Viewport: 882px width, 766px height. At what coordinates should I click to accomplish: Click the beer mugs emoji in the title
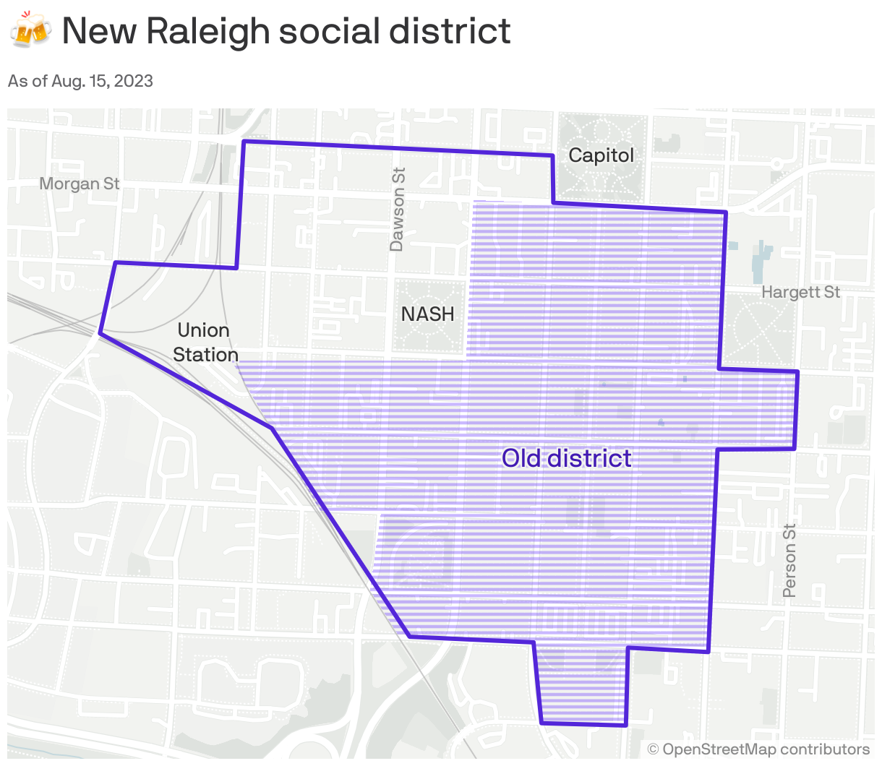30,30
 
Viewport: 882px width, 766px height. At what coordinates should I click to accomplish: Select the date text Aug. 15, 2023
102,80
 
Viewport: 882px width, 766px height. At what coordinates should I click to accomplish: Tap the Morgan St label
79,184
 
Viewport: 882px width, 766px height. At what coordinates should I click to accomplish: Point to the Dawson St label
398,210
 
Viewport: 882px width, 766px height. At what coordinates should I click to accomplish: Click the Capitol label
601,155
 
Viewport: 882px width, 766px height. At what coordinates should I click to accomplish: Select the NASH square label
428,314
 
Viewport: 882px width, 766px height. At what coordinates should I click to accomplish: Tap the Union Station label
205,343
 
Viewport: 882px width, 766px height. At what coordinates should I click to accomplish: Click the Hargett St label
800,292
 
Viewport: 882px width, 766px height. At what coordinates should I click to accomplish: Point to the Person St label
789,561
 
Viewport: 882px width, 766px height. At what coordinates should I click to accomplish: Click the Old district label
566,458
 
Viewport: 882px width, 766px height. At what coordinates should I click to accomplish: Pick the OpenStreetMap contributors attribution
758,749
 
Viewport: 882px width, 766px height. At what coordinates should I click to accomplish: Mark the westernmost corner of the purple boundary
100,333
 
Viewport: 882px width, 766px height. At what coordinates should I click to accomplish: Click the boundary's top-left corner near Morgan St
244,142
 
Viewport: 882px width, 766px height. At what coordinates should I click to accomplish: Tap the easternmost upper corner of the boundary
797,371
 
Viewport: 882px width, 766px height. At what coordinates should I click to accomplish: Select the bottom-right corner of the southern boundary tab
626,725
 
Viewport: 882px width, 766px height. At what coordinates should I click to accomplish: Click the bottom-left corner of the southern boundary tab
541,722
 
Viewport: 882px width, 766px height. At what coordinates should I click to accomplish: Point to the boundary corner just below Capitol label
553,203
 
